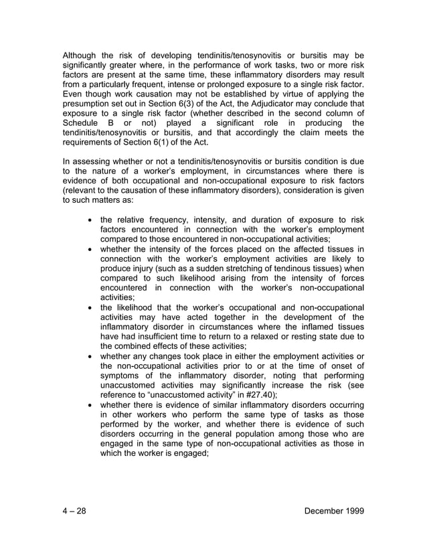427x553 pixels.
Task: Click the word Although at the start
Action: [81, 55]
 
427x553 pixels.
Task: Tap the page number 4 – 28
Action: [74, 511]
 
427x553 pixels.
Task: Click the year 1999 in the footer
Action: [352, 511]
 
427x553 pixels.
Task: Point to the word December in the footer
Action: [321, 511]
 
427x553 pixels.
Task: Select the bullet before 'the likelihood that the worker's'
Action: [90, 307]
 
